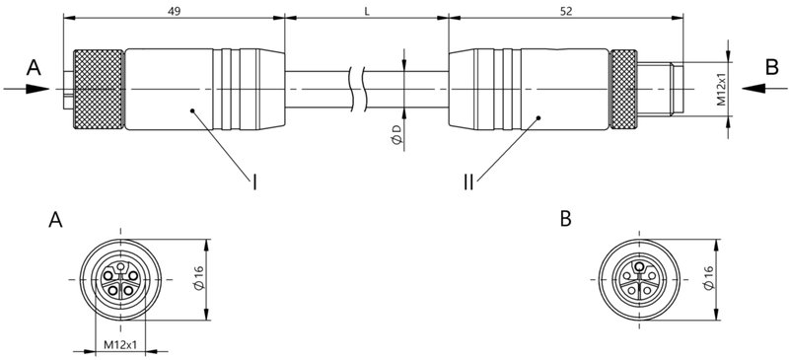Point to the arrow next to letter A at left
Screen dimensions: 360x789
[26, 89]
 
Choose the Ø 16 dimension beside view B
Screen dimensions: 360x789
[708, 279]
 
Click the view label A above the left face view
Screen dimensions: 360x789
[57, 220]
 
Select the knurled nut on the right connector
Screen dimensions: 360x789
[622, 90]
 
